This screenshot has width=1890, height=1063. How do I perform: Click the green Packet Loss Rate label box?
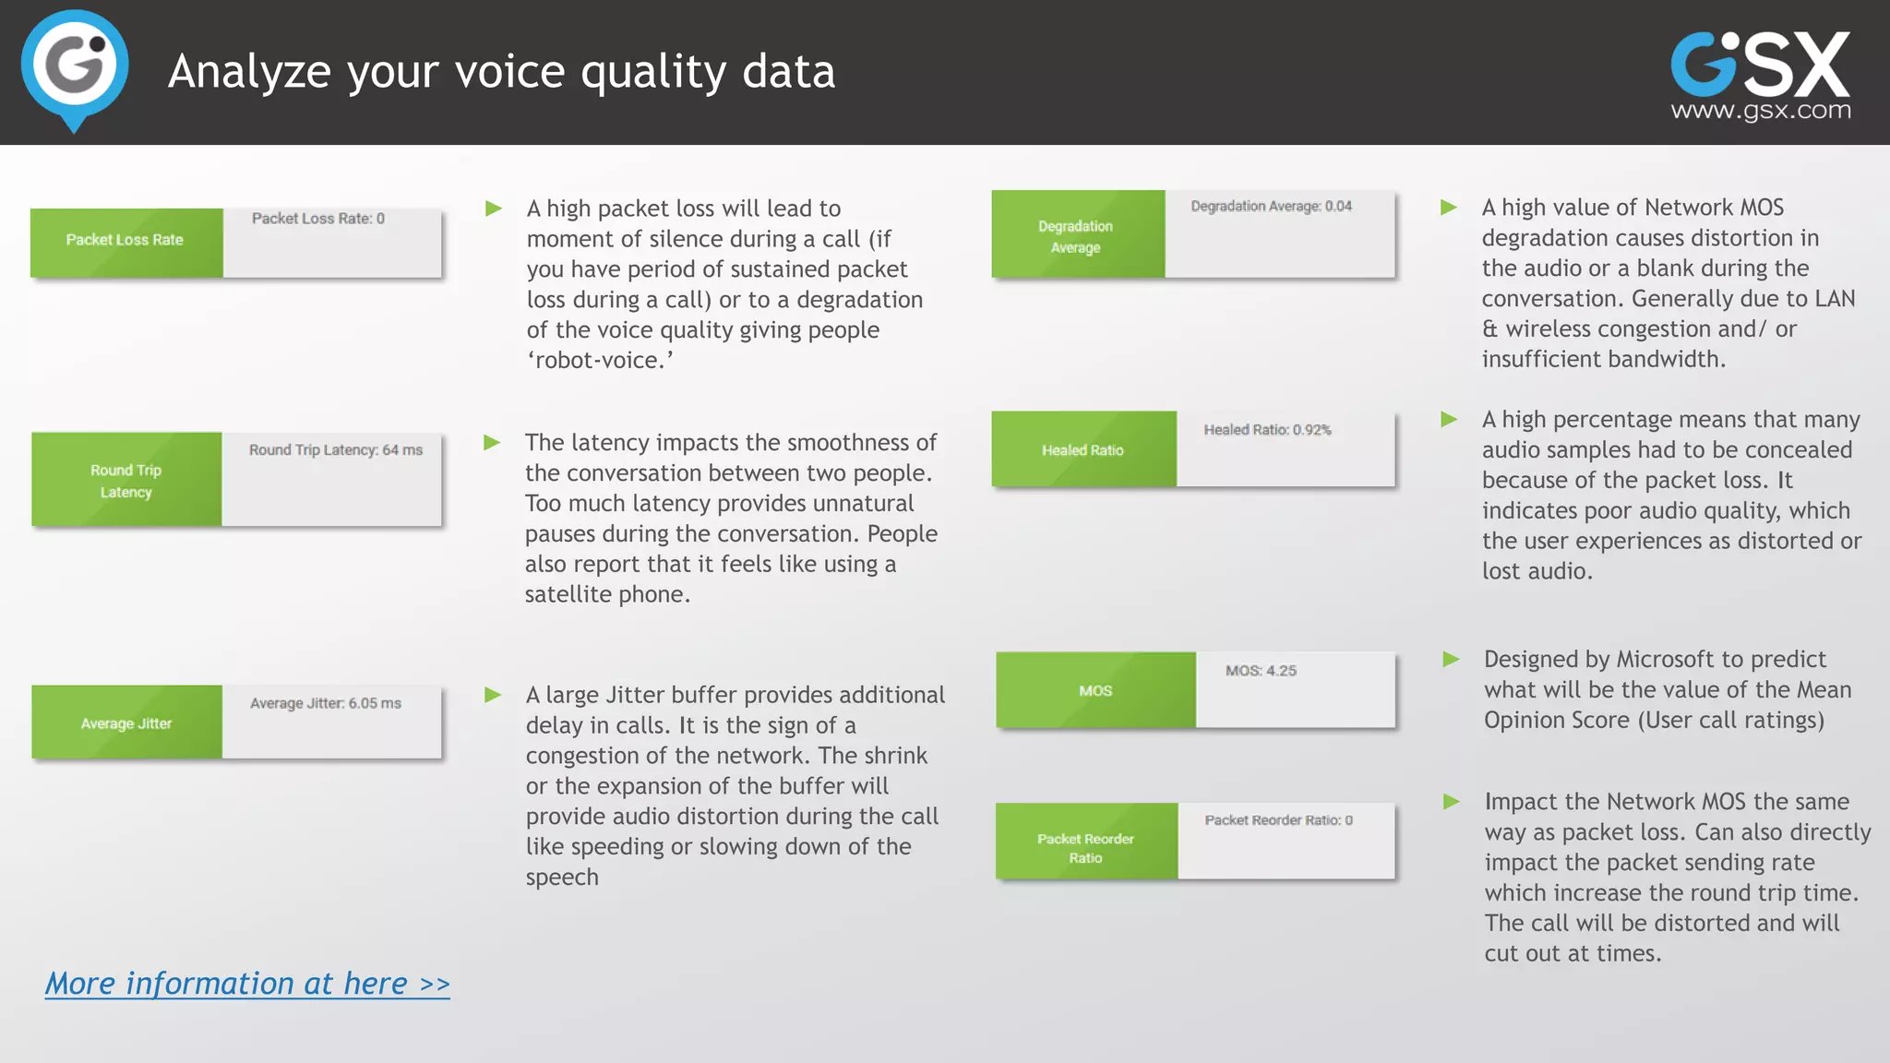pos(126,242)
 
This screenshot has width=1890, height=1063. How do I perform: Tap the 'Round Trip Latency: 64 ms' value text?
pos(336,450)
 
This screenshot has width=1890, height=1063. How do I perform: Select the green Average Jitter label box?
pos(126,723)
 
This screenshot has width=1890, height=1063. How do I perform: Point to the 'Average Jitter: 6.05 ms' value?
pos(325,703)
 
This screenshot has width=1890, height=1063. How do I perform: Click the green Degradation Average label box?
pos(1077,235)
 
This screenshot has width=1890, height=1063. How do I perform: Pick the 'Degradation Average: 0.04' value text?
pos(1271,207)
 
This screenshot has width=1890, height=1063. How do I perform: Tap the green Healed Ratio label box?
pos(1083,449)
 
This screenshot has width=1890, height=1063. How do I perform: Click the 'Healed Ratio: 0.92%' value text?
pos(1267,430)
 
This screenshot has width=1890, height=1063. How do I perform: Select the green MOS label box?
pos(1095,690)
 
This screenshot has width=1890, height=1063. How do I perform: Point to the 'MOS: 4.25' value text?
pos(1261,671)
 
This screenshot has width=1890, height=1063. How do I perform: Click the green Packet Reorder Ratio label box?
pos(1086,842)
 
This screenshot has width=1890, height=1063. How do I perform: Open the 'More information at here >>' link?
pos(247,984)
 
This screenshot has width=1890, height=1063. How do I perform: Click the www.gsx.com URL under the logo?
pos(1761,112)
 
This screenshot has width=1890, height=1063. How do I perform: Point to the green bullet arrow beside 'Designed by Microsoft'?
pos(1451,660)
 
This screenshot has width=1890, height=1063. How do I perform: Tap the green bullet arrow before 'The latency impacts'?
pos(492,443)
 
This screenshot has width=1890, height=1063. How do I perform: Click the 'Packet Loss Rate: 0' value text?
pos(318,219)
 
